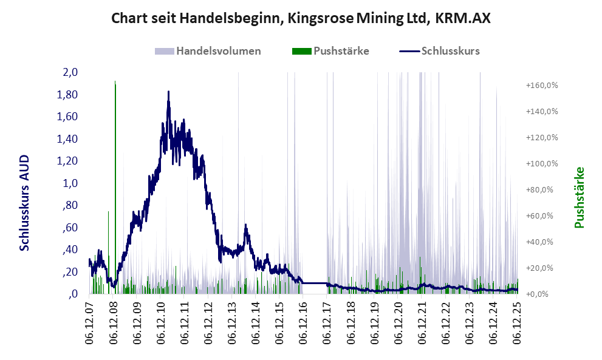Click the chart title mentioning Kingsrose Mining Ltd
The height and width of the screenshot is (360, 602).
pos(301,19)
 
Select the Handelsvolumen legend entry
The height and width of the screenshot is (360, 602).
pos(208,51)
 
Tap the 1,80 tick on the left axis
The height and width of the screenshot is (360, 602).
pos(67,95)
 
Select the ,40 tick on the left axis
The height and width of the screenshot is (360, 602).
pos(69,250)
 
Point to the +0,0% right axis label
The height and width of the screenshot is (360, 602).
pos(541,294)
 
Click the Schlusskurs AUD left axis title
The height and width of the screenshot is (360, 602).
pos(25,202)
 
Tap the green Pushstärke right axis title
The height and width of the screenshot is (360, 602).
pos(578,197)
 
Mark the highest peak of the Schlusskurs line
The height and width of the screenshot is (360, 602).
pos(168,92)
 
